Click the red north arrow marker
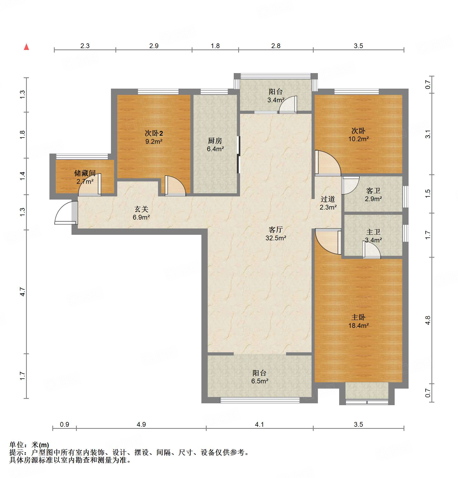(x=26, y=47)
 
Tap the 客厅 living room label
(x=276, y=230)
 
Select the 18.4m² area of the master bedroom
(x=358, y=326)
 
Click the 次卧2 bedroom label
(x=154, y=133)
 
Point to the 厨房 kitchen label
(x=215, y=141)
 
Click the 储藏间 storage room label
(x=85, y=173)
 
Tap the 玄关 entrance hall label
(x=141, y=209)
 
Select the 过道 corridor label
(x=328, y=199)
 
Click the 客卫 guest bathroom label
(x=373, y=191)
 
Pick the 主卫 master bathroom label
(x=373, y=232)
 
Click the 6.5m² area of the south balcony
(x=260, y=381)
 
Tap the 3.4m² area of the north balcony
(x=276, y=100)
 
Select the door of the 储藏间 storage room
(x=90, y=186)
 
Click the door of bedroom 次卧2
(x=175, y=186)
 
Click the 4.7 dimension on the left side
(x=23, y=292)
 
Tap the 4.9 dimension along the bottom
(x=141, y=424)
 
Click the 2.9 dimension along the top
(x=154, y=46)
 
